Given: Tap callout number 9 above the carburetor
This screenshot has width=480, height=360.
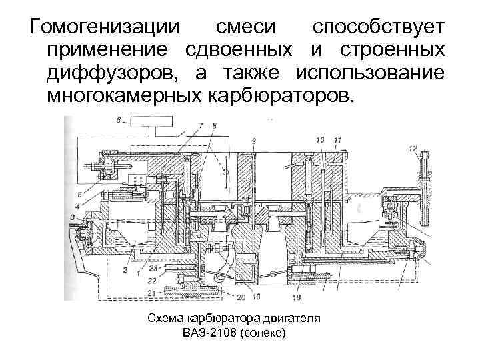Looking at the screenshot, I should point(254,141).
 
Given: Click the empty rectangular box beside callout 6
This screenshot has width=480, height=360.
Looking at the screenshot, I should point(155,122).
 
